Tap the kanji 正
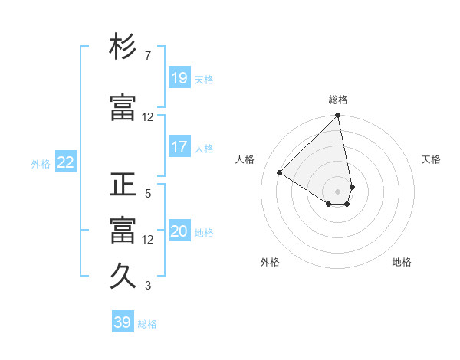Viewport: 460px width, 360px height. tap(123, 185)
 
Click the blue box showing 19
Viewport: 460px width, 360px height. tap(179, 77)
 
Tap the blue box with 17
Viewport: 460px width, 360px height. tap(179, 146)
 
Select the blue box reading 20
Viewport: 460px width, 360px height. tap(179, 231)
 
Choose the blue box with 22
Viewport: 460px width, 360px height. tap(66, 162)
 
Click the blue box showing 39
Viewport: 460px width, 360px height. tap(122, 322)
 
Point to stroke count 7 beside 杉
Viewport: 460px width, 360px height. tap(147, 56)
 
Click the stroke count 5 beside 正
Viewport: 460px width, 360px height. tap(147, 194)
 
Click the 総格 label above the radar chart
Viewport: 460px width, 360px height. tap(338, 100)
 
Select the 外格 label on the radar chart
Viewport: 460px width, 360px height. tap(270, 262)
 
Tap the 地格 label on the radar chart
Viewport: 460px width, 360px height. tap(402, 262)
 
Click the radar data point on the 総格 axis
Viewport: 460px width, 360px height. tap(338, 116)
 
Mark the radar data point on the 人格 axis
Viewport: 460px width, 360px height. tap(280, 173)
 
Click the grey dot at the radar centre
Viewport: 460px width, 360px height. tap(338, 191)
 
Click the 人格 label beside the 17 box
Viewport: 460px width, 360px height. tap(204, 148)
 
